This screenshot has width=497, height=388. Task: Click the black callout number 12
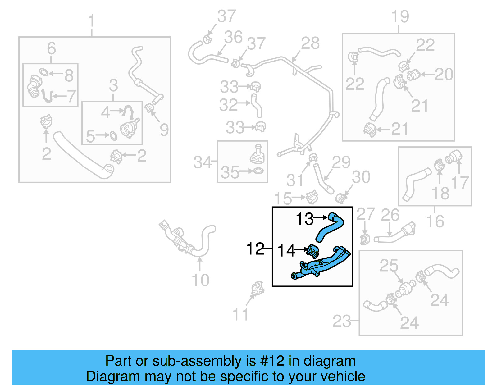(255, 249)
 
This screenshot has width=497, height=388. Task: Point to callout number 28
(310, 43)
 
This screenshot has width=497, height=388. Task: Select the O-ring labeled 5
(113, 136)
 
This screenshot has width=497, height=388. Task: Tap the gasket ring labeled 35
(258, 171)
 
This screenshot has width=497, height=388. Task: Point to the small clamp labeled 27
(364, 240)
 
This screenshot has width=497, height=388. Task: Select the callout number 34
(202, 162)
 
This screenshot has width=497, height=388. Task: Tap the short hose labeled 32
(257, 106)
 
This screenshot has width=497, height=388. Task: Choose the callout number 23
(341, 321)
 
